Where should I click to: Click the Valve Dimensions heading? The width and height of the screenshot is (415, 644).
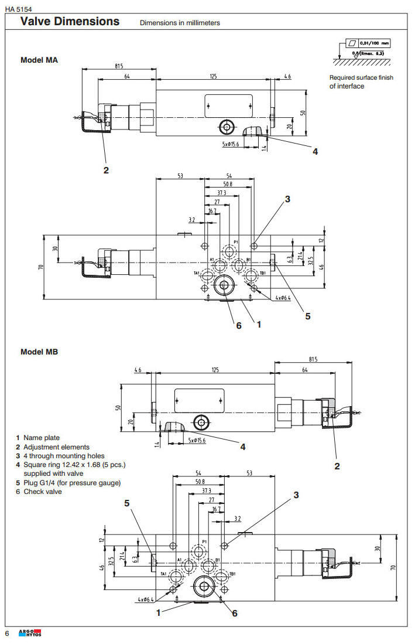click(70, 22)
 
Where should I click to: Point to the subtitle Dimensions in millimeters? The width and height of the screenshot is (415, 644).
click(180, 23)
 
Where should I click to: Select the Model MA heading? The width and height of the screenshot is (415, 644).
click(39, 60)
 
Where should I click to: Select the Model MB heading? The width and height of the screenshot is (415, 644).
click(39, 352)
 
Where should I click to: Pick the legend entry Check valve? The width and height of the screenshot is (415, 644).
click(42, 492)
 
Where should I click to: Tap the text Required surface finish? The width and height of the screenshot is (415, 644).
click(361, 77)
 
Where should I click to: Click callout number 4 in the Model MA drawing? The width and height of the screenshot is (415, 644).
click(315, 151)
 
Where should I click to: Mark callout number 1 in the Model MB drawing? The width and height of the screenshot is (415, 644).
click(158, 612)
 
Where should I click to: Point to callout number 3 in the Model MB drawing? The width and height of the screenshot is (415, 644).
click(296, 495)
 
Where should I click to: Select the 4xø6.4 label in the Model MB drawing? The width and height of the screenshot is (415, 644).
click(145, 599)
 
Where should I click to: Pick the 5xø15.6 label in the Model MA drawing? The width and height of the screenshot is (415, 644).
click(232, 144)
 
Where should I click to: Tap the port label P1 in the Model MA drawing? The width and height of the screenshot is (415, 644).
click(236, 242)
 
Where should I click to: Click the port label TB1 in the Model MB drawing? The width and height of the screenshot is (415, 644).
click(233, 574)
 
